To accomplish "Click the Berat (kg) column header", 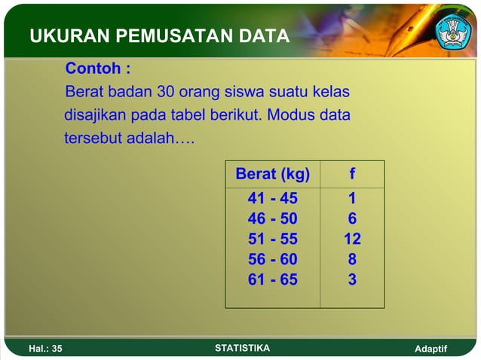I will point(272,175).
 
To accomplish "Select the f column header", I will point(352,175).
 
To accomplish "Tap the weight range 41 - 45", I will point(272,199).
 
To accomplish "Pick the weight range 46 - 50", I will point(272,219).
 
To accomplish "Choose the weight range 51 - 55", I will point(272,239).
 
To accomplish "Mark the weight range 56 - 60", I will point(272,260).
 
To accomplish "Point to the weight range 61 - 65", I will point(272,280).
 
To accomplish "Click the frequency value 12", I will point(352,239).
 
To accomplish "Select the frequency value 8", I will point(352,260).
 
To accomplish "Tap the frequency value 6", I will point(352,219).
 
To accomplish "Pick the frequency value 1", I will point(352,199).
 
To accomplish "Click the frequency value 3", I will point(352,280).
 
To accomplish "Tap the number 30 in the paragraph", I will point(166,93).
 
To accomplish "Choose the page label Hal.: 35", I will point(45,349).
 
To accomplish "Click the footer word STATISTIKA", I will point(242,348).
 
